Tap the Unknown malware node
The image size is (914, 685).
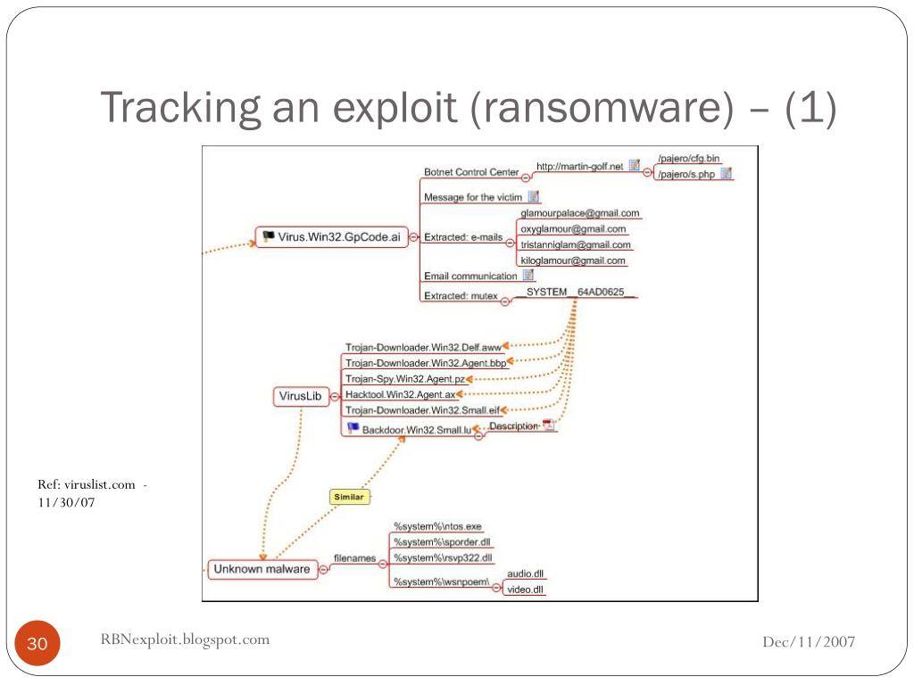(262, 569)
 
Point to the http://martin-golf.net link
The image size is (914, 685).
(579, 167)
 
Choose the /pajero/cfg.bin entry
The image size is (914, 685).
(688, 159)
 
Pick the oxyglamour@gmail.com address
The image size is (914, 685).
(573, 229)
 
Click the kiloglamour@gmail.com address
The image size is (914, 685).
(573, 260)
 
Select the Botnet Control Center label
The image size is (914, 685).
(471, 172)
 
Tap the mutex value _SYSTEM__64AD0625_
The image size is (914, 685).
(576, 292)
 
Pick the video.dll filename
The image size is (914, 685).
(525, 590)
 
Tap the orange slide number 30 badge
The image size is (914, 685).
(37, 645)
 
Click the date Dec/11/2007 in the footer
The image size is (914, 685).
(809, 642)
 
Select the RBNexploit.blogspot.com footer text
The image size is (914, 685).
(185, 639)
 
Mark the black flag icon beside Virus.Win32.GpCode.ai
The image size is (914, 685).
(267, 236)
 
